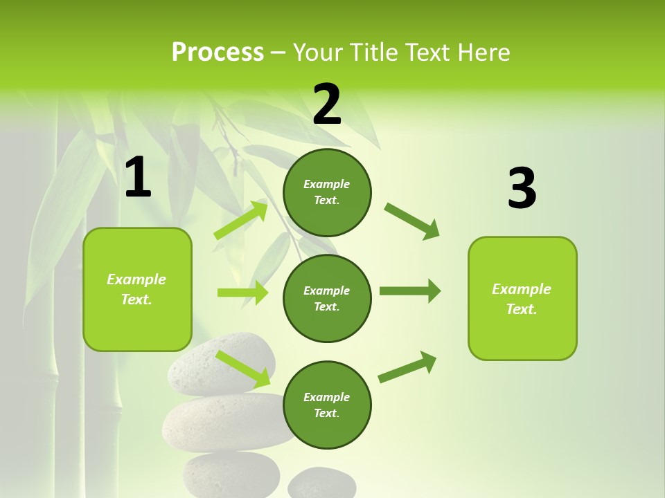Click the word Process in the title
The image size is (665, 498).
[218, 53]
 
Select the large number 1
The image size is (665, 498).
[138, 178]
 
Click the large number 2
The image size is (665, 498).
[327, 104]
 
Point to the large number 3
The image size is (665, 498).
[522, 189]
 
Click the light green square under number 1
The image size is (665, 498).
[137, 289]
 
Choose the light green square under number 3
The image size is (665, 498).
[522, 299]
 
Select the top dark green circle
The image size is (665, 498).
[327, 192]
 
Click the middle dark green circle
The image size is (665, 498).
[327, 298]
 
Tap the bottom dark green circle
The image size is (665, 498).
[327, 405]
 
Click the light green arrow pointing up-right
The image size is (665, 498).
[241, 220]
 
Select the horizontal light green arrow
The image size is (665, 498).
[242, 293]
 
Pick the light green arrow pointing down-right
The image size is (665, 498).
[243, 369]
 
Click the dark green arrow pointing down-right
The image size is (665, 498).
[412, 221]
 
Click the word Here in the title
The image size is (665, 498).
[483, 53]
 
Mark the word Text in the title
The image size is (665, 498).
[426, 53]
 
